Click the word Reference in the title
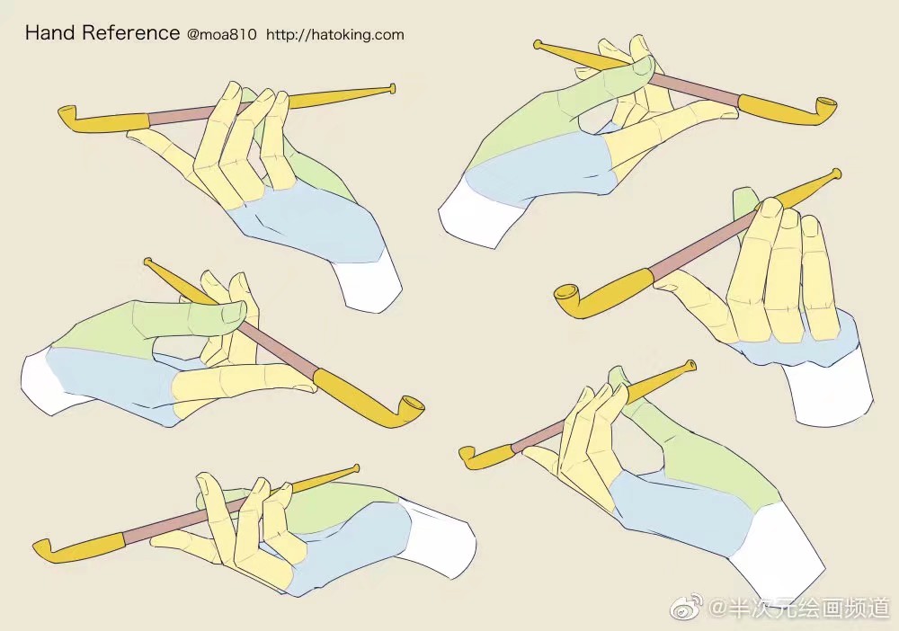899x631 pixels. point(130,32)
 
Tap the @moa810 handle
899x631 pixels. point(221,35)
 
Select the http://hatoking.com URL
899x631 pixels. point(334,35)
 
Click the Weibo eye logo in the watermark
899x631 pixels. point(687,607)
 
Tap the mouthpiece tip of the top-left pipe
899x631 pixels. point(392,88)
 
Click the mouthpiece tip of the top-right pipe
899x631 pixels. point(538,44)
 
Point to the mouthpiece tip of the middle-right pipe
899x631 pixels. point(836,173)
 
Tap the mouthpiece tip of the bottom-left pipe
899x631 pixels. point(356,468)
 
